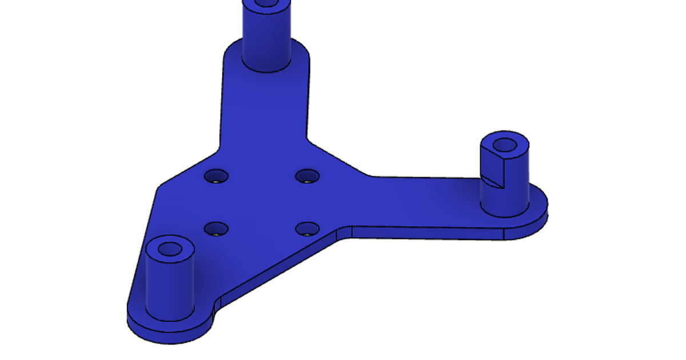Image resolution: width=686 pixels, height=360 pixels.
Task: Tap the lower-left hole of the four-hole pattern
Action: tap(216, 230)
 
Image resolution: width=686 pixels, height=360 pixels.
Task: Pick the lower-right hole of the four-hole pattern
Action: tap(307, 229)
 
